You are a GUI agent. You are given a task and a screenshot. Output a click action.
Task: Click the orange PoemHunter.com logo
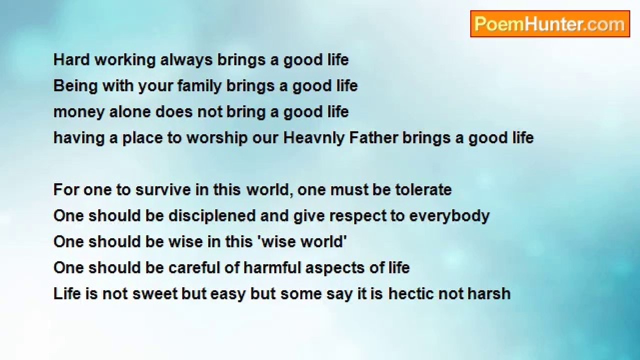click(550, 24)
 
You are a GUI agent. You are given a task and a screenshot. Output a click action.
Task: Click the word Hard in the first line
click(71, 60)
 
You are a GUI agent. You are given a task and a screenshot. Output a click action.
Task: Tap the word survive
click(163, 189)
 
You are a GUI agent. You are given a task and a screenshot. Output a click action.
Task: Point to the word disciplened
click(211, 217)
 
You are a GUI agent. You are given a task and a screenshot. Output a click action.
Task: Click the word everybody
click(449, 217)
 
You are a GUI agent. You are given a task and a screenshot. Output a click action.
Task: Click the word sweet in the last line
click(155, 293)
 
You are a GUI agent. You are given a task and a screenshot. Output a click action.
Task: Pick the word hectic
click(410, 293)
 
